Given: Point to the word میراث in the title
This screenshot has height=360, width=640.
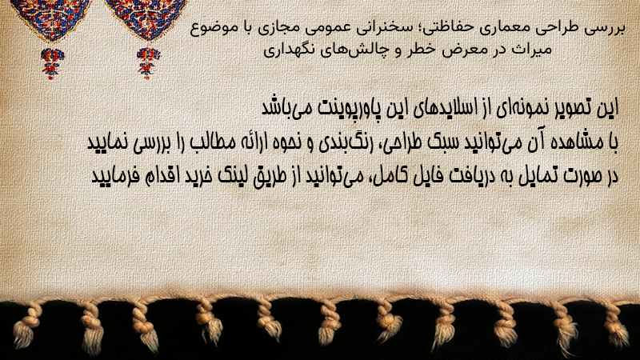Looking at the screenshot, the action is click(533, 50).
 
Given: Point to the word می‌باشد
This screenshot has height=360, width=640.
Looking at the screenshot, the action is click(282, 108).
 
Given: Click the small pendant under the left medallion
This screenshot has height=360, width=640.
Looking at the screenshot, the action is click(52, 63).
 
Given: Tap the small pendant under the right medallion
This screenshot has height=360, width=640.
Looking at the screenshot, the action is click(148, 63).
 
